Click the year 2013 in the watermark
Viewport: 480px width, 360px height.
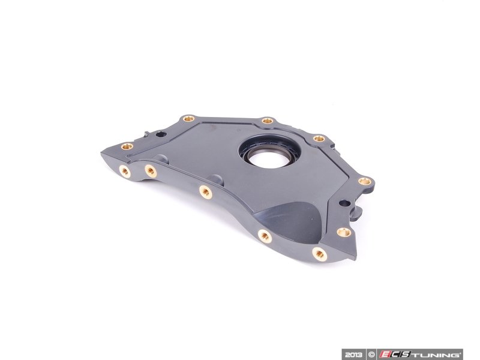pos(353,354)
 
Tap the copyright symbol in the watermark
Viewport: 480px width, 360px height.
pos(371,354)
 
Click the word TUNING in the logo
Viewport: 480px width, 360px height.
pos(436,354)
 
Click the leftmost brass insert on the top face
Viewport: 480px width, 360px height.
pos(127,146)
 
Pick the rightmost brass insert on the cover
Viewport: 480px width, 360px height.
pos(364,181)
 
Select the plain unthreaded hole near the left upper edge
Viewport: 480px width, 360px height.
pos(160,134)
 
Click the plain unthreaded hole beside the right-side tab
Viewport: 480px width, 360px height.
pos(344,203)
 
